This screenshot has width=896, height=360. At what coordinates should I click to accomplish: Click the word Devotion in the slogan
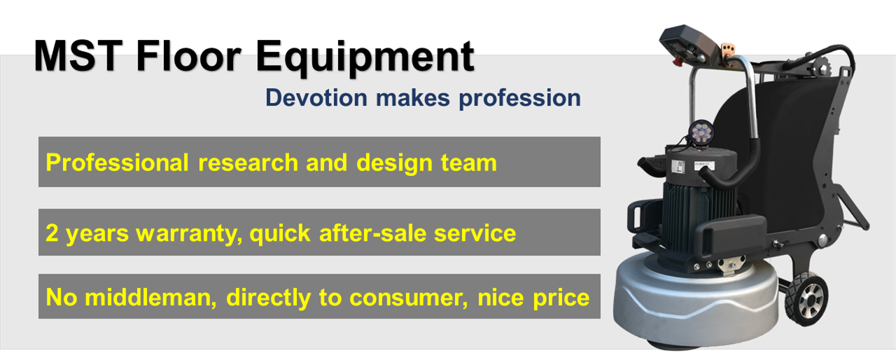click(316, 97)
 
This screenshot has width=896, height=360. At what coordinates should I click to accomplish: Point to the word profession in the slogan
click(519, 99)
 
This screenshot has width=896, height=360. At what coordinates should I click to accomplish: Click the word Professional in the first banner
click(117, 162)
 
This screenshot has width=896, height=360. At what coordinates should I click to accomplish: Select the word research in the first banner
click(248, 162)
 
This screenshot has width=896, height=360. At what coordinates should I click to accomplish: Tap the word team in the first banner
click(468, 163)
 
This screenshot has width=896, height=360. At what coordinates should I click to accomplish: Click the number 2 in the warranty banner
click(52, 233)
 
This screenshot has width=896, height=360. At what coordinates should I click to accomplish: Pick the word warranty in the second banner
click(189, 234)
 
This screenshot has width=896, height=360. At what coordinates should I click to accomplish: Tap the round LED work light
click(701, 132)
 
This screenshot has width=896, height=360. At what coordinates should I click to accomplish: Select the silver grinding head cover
click(696, 304)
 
